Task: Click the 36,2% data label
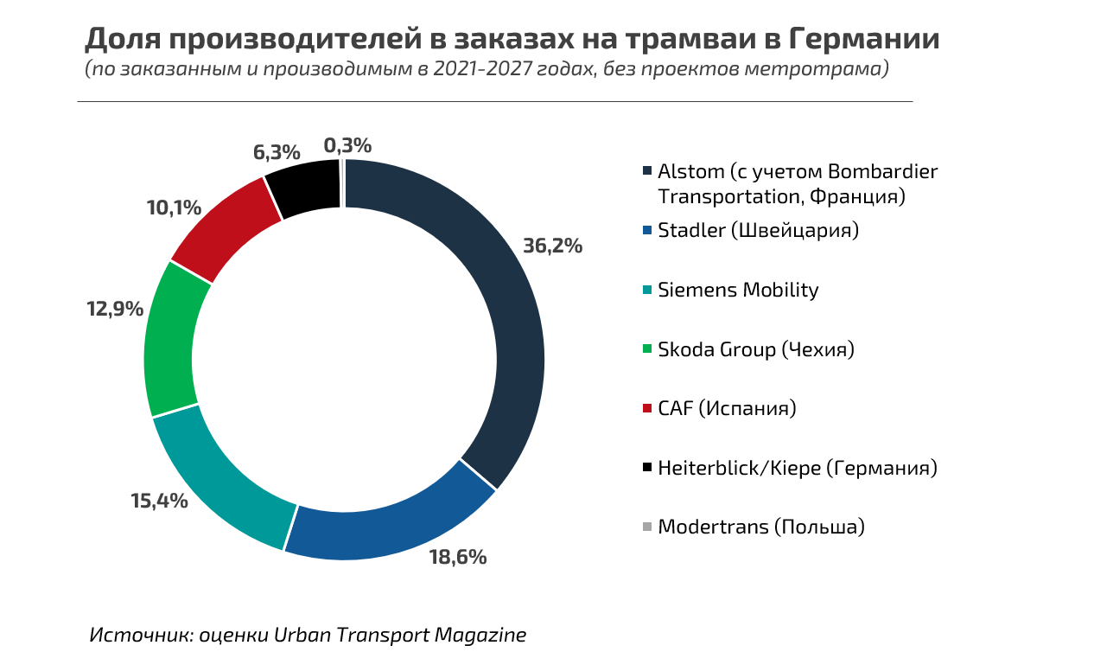(x=552, y=246)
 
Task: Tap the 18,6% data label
(x=458, y=557)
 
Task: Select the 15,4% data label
(x=159, y=501)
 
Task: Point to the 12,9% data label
(x=114, y=309)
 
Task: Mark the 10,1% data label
(x=174, y=208)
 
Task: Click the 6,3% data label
(x=277, y=153)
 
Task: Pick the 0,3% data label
(x=347, y=145)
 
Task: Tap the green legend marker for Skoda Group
(x=647, y=349)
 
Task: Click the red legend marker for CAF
(x=647, y=408)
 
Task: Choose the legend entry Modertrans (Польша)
(x=760, y=527)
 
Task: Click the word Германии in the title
(x=865, y=40)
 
